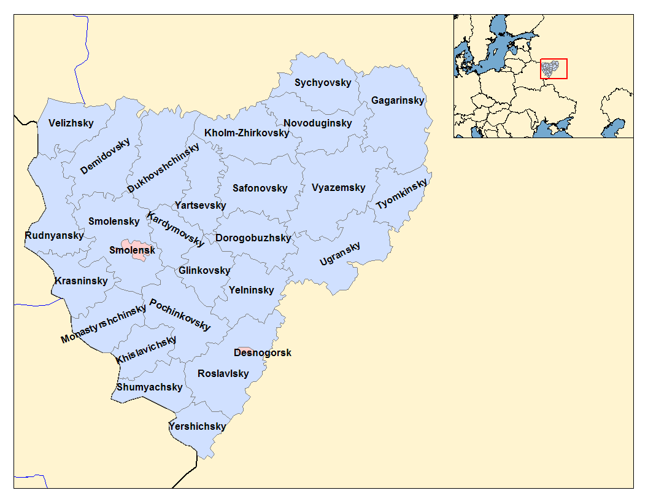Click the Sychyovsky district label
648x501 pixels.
coord(323,83)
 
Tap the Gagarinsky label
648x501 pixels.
coord(398,101)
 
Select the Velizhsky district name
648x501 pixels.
coord(71,123)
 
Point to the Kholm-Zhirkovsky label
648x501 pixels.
coord(247,133)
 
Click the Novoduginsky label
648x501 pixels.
coord(318,123)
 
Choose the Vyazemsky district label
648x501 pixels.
coord(338,188)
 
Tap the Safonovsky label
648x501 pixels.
coord(260,188)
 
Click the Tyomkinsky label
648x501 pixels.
coord(401,195)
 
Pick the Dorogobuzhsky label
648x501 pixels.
coord(253,238)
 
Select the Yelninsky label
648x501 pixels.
coord(251,290)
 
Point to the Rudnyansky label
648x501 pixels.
coord(54,236)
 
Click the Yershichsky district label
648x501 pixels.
coord(197,427)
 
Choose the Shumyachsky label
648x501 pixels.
coord(149,387)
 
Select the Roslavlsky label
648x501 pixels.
coord(223,374)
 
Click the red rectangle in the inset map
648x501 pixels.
coord(553,69)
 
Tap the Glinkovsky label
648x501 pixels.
coord(204,271)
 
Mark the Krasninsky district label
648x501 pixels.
coord(81,281)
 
